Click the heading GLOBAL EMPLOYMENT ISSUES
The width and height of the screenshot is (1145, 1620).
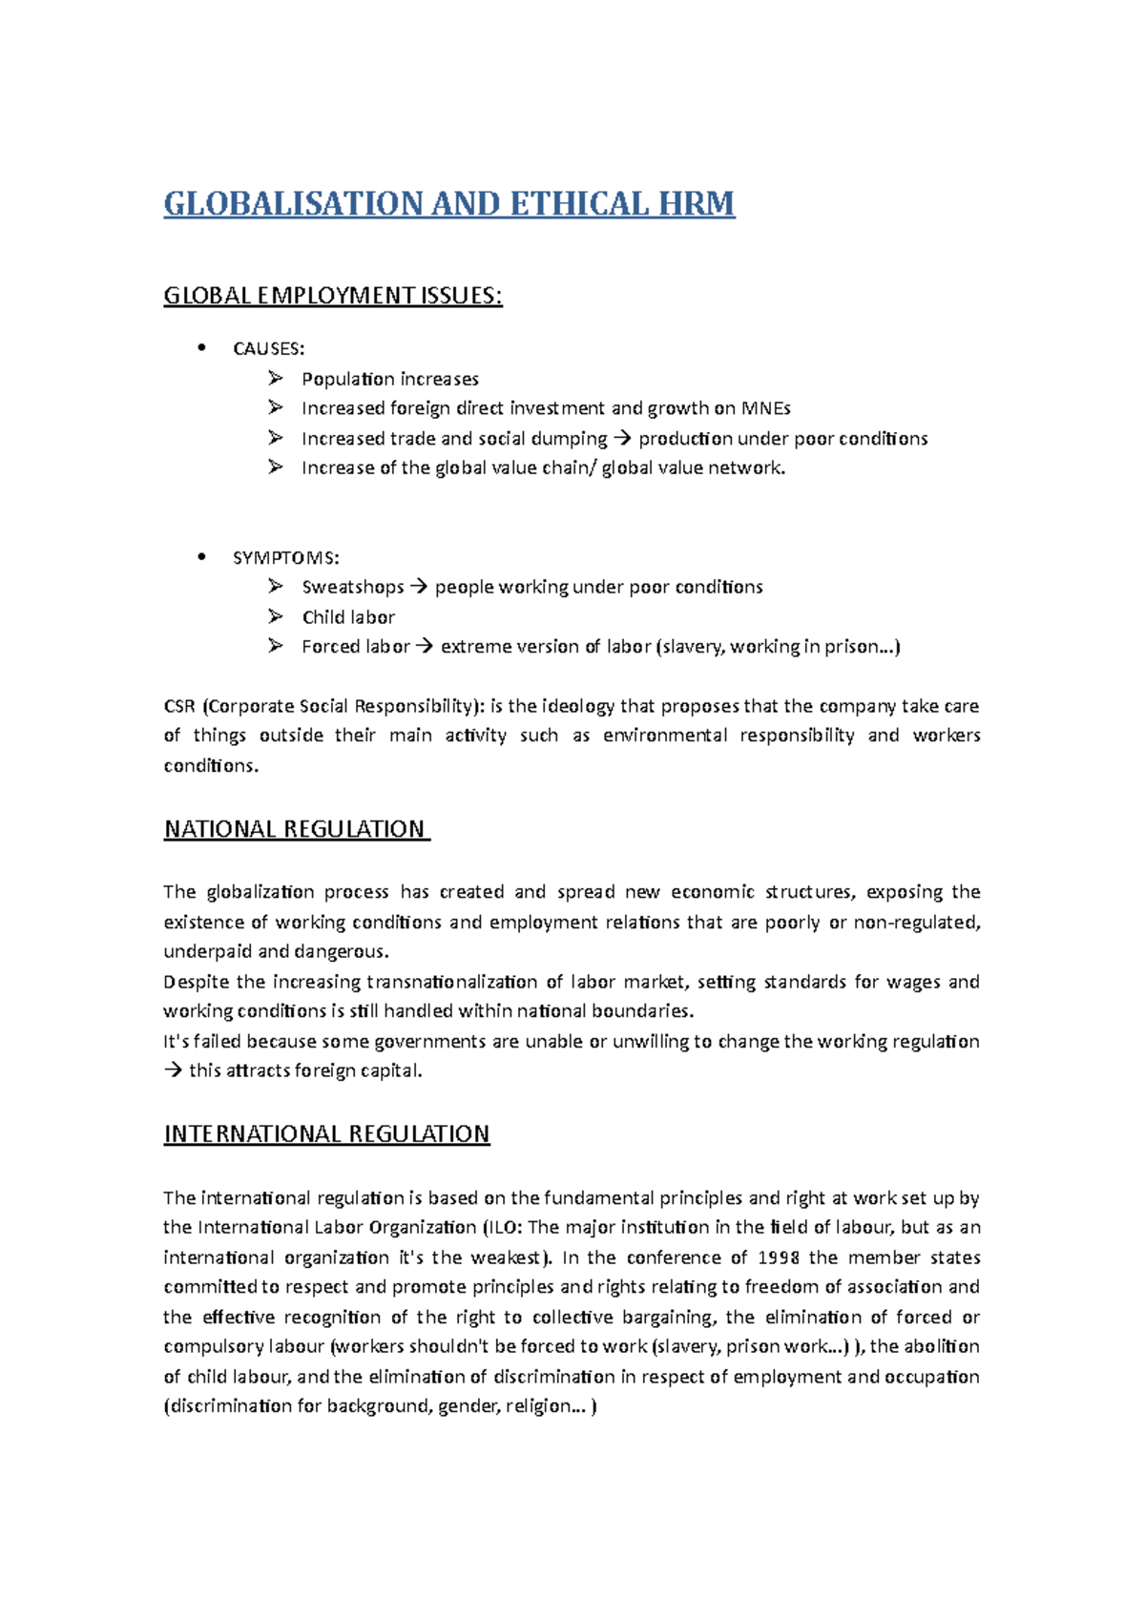coord(332,296)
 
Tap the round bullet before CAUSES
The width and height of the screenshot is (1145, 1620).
coord(201,348)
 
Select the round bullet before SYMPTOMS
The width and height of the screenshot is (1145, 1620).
coord(201,557)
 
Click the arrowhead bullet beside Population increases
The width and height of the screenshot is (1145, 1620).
coord(275,379)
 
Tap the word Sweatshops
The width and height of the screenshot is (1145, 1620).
coord(352,588)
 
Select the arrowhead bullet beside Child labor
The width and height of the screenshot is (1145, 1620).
coord(275,617)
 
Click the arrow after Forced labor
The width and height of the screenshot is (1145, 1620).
coord(425,647)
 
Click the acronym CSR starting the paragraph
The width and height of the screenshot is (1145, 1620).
coord(179,707)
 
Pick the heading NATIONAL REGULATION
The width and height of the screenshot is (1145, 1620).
coord(295,829)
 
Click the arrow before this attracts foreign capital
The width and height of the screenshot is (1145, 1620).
coord(173,1071)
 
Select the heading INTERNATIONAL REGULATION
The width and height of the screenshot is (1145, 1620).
coord(326,1134)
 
